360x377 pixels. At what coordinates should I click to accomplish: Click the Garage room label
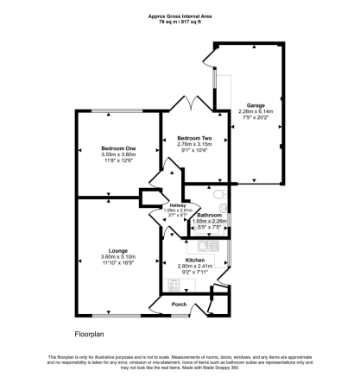tap(256, 105)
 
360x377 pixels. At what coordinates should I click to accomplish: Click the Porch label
tap(180, 304)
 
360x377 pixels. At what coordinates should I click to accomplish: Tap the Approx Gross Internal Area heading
tap(180, 16)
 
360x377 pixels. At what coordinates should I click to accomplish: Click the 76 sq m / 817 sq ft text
tap(180, 22)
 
